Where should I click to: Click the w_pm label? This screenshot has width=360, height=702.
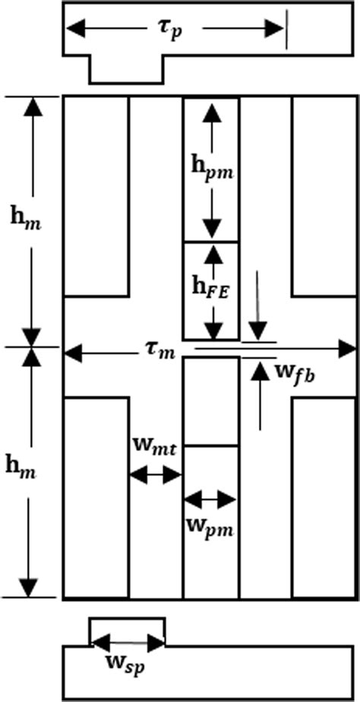(x=210, y=524)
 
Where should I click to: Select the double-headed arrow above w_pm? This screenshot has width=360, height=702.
(x=210, y=499)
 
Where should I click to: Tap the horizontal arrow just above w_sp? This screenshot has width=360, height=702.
(x=128, y=642)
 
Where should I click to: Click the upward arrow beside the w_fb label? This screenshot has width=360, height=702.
(x=260, y=395)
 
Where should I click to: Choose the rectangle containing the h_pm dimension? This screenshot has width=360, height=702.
(x=210, y=170)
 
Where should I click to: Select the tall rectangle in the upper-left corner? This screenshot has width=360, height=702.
(x=96, y=195)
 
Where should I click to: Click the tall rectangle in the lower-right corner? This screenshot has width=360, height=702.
(x=324, y=497)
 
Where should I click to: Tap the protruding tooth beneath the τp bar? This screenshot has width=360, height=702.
(x=127, y=69)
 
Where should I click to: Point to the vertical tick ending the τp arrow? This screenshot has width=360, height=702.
(x=287, y=30)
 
